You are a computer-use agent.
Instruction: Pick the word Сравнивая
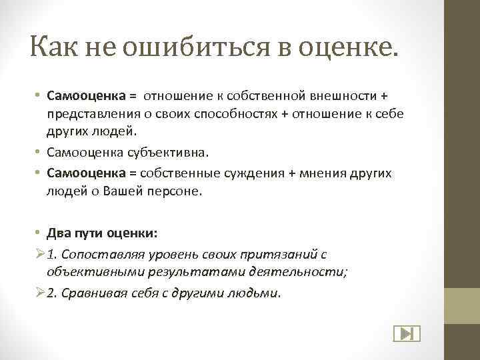tap(89, 293)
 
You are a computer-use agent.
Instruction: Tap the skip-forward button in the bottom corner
tap(405, 334)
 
